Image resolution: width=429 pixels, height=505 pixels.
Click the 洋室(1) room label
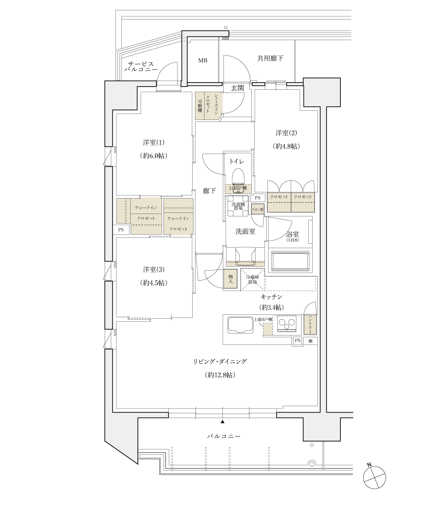153,143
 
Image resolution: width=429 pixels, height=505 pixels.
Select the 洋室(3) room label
153,270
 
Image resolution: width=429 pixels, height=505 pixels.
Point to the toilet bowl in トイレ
237,175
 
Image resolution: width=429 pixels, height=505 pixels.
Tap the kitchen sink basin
240,326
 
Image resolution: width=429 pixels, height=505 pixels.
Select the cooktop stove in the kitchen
287,324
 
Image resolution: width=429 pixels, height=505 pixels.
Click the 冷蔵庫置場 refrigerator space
252,279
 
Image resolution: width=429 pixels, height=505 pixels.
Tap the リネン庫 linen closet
257,209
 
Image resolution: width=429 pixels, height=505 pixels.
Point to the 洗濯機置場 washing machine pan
238,206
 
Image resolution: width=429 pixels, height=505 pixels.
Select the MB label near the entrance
203,61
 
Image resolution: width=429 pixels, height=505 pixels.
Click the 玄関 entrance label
238,88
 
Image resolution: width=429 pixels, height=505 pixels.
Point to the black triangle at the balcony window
222,421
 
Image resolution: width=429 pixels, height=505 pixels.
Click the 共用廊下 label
270,58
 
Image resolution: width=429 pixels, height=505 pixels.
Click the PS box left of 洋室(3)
121,229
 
